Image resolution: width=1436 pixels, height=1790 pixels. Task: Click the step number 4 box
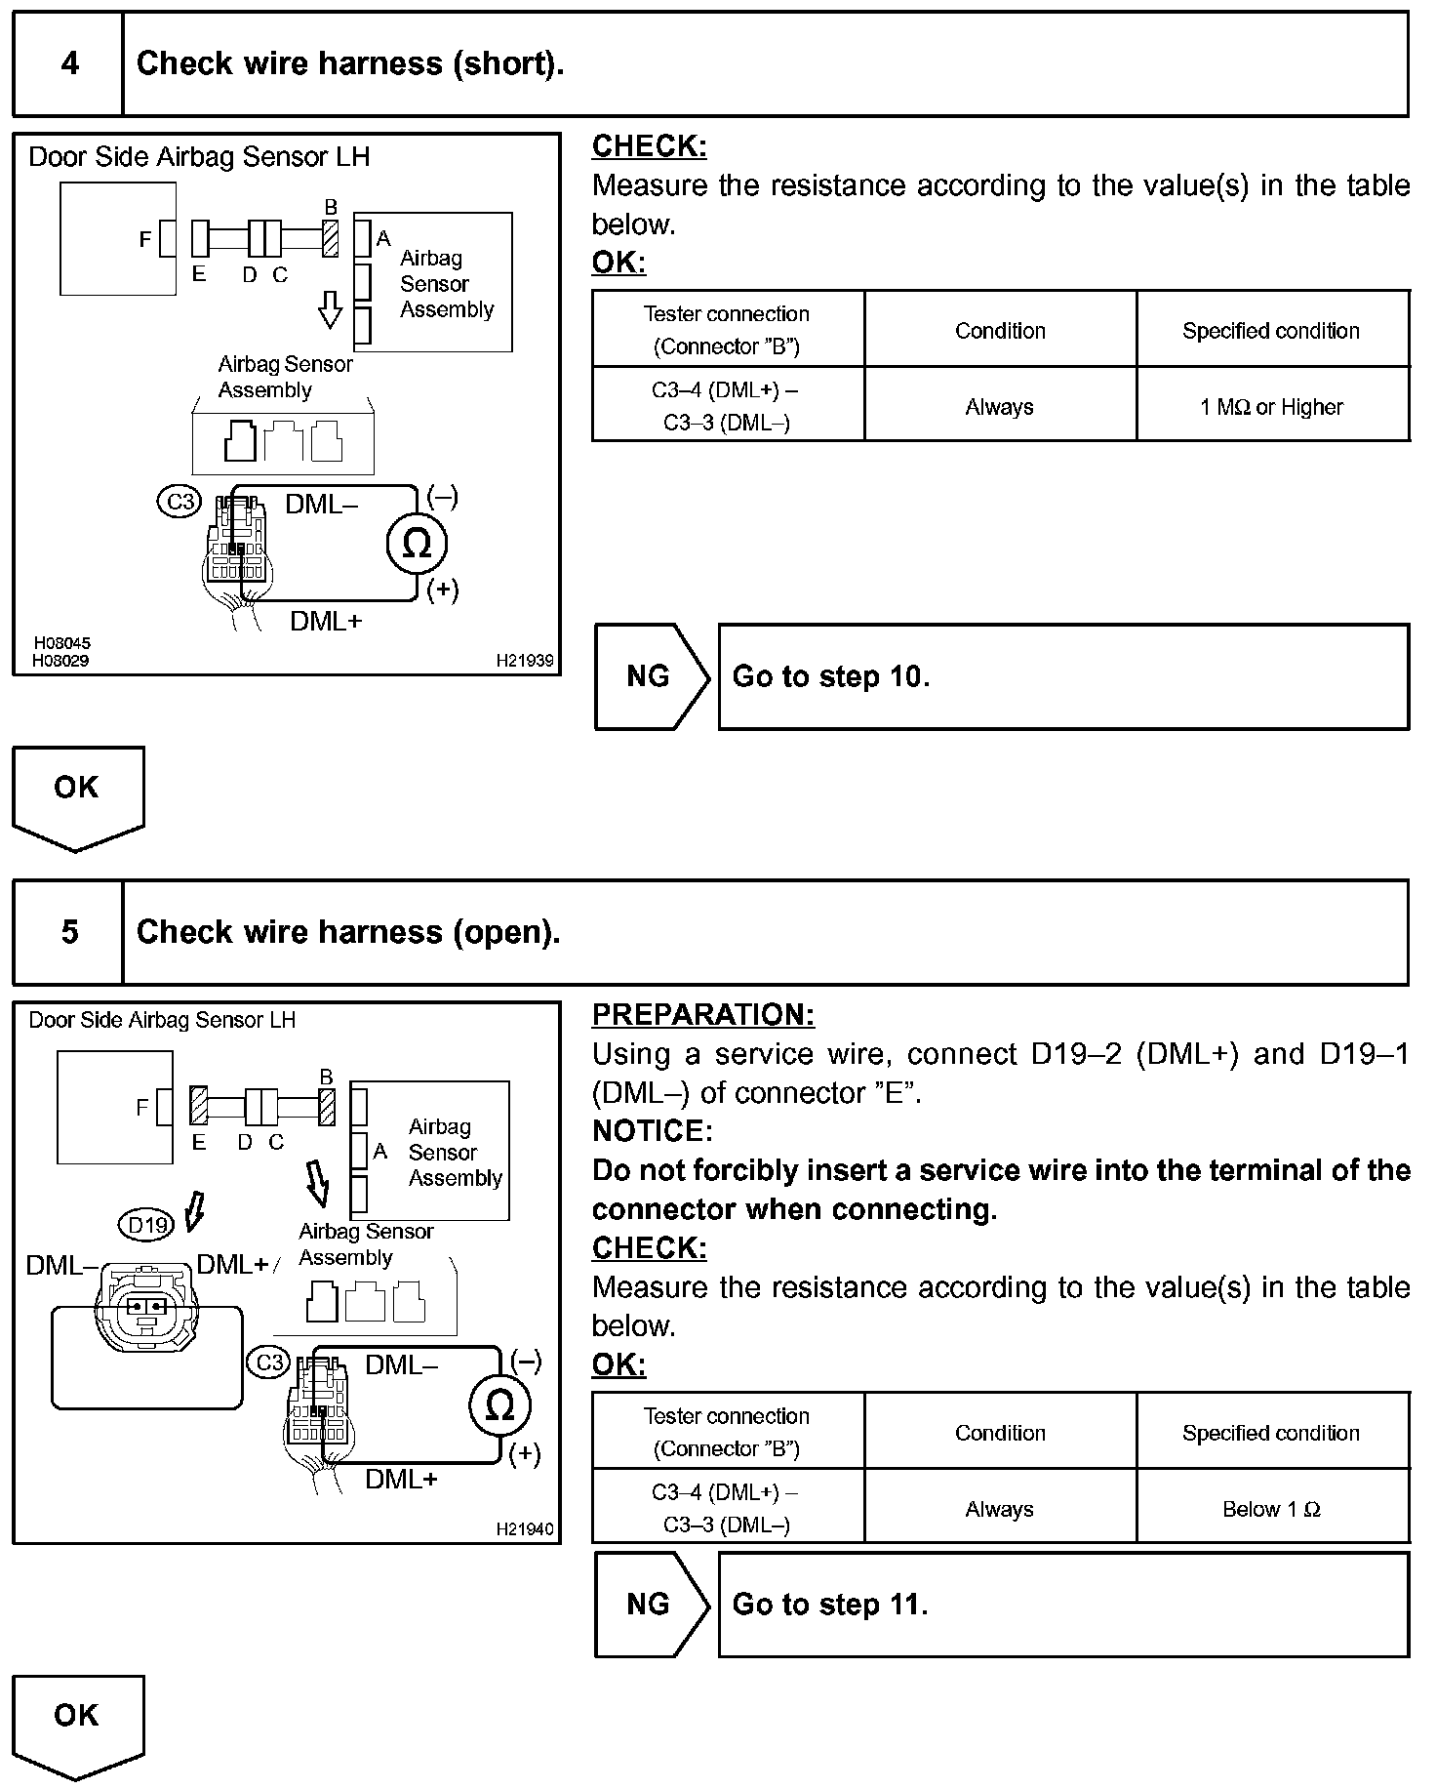coord(68,64)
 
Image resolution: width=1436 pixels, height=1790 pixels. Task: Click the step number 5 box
coord(68,932)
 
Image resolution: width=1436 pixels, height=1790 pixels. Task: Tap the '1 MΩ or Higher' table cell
coord(1271,407)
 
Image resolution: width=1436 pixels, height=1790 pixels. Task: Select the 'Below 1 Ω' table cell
coord(1271,1509)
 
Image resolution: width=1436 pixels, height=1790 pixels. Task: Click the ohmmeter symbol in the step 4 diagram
coord(417,544)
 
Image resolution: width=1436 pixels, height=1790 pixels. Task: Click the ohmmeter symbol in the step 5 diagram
coord(499,1406)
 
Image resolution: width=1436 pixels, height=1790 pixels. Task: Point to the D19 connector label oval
coord(148,1224)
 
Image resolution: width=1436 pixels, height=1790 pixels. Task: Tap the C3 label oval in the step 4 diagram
coord(179,502)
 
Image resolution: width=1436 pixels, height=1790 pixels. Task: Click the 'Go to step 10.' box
coord(1063,676)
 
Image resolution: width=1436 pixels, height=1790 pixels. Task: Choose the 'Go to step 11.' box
coord(1063,1605)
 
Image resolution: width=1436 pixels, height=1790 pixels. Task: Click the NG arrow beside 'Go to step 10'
coord(651,676)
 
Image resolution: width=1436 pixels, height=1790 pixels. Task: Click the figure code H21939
coord(525,661)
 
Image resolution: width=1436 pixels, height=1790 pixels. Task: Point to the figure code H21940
coord(525,1528)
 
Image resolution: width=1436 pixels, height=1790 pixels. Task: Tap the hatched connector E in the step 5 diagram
coord(199,1107)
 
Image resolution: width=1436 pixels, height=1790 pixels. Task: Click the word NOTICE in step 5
coord(652,1131)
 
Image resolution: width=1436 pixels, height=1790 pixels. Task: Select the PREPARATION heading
coord(702,1015)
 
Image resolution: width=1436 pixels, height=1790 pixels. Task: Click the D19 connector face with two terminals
coord(145,1305)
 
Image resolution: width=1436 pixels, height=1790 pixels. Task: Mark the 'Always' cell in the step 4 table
coord(999,407)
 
